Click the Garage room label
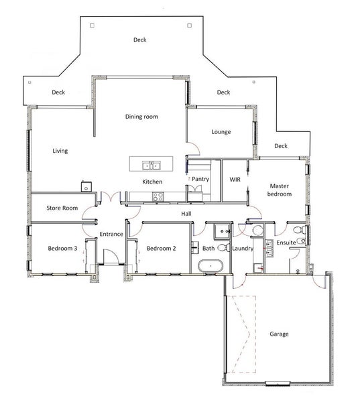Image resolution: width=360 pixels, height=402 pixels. pyautogui.click(x=279, y=334)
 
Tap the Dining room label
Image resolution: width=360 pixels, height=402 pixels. pyautogui.click(x=141, y=117)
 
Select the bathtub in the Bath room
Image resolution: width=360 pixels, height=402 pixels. pyautogui.click(x=211, y=266)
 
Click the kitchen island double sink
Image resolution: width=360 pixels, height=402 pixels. pyautogui.click(x=152, y=165)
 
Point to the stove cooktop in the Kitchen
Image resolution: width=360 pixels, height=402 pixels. pyautogui.click(x=158, y=197)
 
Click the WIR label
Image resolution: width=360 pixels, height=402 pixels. pyautogui.click(x=235, y=180)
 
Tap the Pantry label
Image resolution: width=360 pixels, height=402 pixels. pyautogui.click(x=200, y=179)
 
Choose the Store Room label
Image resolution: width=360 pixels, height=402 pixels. pyautogui.click(x=62, y=208)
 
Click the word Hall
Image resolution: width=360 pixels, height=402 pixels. pyautogui.click(x=186, y=214)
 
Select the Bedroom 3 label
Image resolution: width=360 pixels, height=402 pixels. pyautogui.click(x=62, y=248)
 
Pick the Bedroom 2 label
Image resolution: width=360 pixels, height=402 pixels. pyautogui.click(x=161, y=248)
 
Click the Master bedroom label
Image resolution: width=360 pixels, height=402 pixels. pyautogui.click(x=279, y=190)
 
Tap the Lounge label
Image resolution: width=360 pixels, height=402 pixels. pyautogui.click(x=221, y=132)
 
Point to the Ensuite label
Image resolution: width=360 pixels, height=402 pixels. pyautogui.click(x=286, y=243)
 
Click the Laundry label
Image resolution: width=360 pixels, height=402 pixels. pyautogui.click(x=243, y=248)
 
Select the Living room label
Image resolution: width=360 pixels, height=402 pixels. pyautogui.click(x=60, y=151)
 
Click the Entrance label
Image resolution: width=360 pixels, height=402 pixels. pyautogui.click(x=111, y=234)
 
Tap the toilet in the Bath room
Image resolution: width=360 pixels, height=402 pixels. pyautogui.click(x=224, y=248)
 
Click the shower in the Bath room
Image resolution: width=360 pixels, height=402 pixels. pyautogui.click(x=222, y=231)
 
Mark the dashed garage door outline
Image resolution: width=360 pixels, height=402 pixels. pyautogui.click(x=241, y=334)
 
